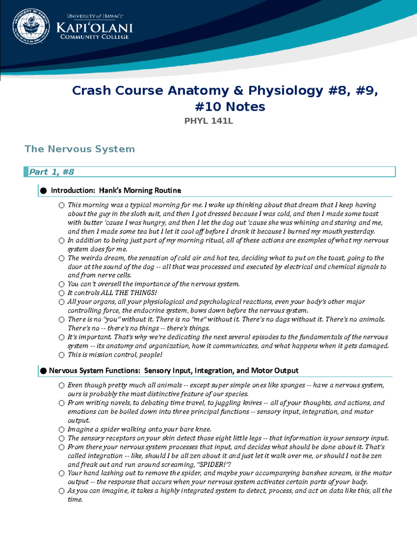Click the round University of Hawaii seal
point(31,26)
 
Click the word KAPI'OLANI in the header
point(95,28)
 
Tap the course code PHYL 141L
point(208,121)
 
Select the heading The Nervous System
point(80,149)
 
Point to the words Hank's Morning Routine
point(140,190)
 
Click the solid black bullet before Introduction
point(43,191)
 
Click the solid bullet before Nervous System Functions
point(43,371)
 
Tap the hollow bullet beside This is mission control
point(62,355)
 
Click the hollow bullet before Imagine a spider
point(62,429)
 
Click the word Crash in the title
point(91,90)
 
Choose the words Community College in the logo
point(95,37)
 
